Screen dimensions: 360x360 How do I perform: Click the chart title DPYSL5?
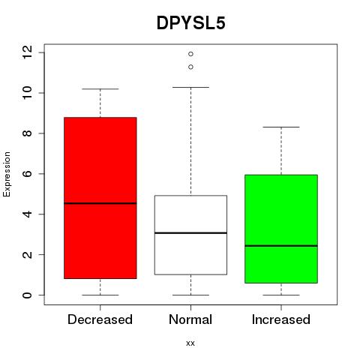click(191, 23)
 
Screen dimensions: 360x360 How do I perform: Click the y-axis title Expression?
click(7, 174)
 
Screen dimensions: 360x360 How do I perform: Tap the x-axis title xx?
click(190, 343)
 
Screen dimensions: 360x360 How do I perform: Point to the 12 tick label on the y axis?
click(27, 52)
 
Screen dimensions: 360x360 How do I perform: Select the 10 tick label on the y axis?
click(27, 93)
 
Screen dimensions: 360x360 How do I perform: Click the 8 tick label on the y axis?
click(27, 133)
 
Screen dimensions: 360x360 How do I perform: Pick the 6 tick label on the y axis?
click(27, 174)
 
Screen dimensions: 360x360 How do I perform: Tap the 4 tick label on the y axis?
click(27, 214)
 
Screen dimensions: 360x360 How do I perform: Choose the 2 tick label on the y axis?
click(27, 254)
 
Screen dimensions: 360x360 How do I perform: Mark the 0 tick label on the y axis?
click(27, 295)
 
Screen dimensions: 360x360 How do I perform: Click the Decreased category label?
click(100, 319)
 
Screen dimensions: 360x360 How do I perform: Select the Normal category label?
click(190, 319)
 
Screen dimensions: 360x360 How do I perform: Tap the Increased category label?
click(281, 319)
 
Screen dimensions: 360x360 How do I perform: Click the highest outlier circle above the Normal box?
click(190, 54)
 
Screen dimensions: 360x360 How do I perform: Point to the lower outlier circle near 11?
click(190, 67)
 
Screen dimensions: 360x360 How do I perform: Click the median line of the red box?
click(100, 203)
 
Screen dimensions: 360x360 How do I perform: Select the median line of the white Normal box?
click(190, 233)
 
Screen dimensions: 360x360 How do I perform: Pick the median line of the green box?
click(281, 246)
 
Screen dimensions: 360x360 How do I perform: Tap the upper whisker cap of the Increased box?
click(281, 127)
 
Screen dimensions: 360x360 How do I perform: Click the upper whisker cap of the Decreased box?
click(100, 88)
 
